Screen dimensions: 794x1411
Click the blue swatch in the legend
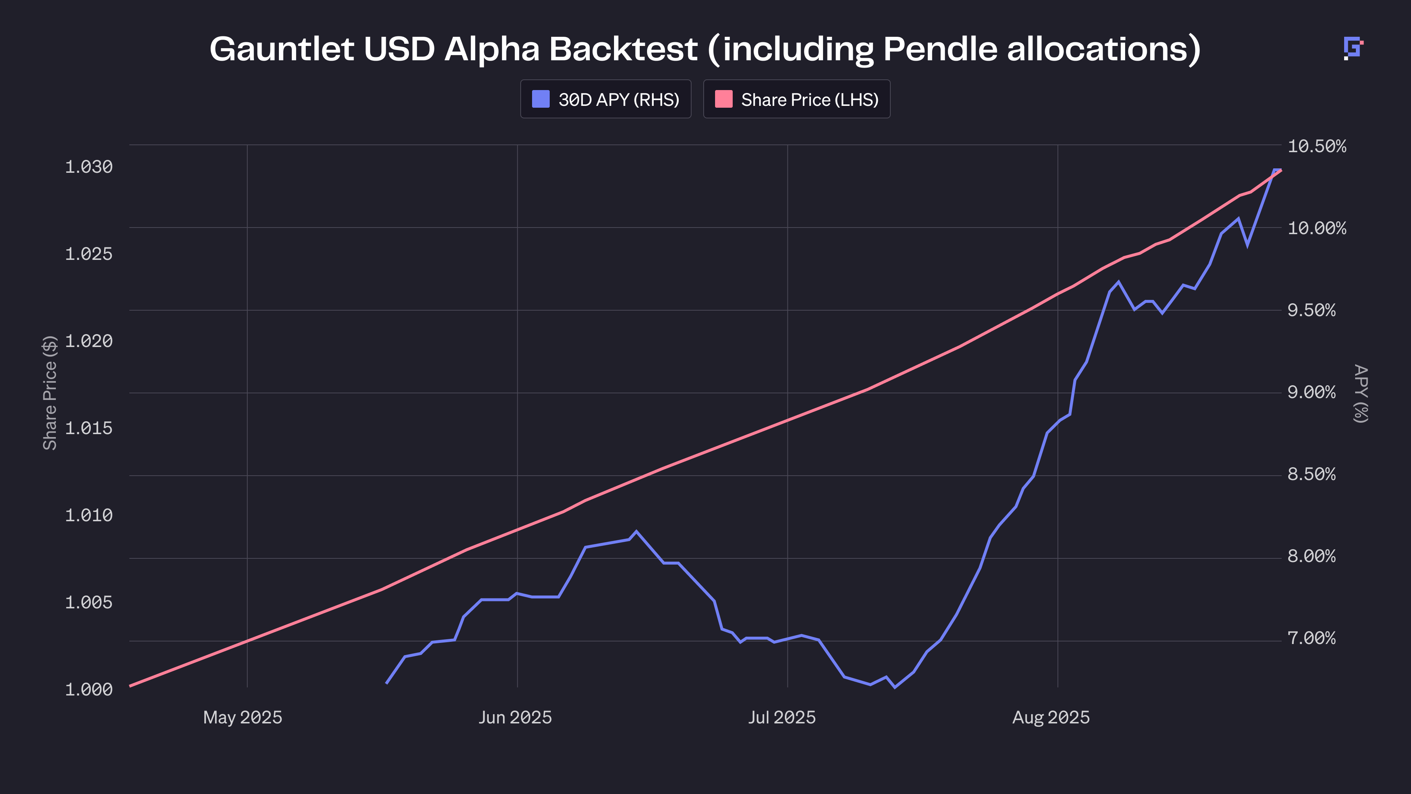541,99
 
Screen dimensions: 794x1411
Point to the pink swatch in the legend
724,99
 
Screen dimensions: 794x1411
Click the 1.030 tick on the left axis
89,167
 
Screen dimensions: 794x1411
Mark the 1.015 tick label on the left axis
89,428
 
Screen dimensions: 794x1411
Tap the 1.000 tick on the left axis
89,689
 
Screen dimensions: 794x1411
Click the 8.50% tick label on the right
1311,474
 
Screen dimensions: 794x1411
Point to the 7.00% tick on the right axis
1311,638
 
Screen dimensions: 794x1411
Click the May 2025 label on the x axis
243,717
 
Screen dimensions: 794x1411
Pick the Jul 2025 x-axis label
782,717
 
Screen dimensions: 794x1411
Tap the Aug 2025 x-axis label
1051,717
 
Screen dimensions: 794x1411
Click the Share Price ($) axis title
50,393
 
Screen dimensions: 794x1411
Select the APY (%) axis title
1361,393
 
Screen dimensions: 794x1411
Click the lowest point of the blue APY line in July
895,687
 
